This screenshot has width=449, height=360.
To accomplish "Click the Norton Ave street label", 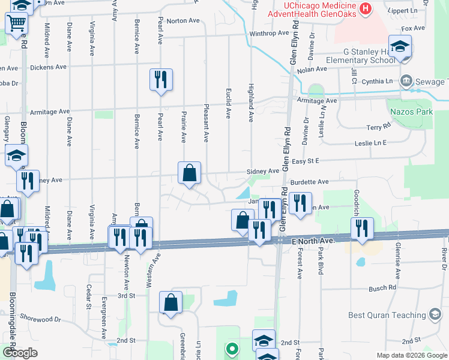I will [x=183, y=20].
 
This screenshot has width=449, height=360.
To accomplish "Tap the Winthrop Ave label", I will [x=269, y=33].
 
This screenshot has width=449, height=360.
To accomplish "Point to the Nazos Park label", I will [x=410, y=112].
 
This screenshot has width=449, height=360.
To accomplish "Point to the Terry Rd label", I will [x=378, y=127].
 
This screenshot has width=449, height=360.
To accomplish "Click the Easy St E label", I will [x=306, y=161].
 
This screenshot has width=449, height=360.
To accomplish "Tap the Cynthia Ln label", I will [x=381, y=80].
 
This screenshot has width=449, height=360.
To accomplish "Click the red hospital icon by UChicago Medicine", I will [x=365, y=8].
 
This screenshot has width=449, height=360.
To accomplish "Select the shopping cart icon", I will [x=17, y=23].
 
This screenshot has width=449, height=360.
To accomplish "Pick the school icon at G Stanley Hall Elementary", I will [x=399, y=46].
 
